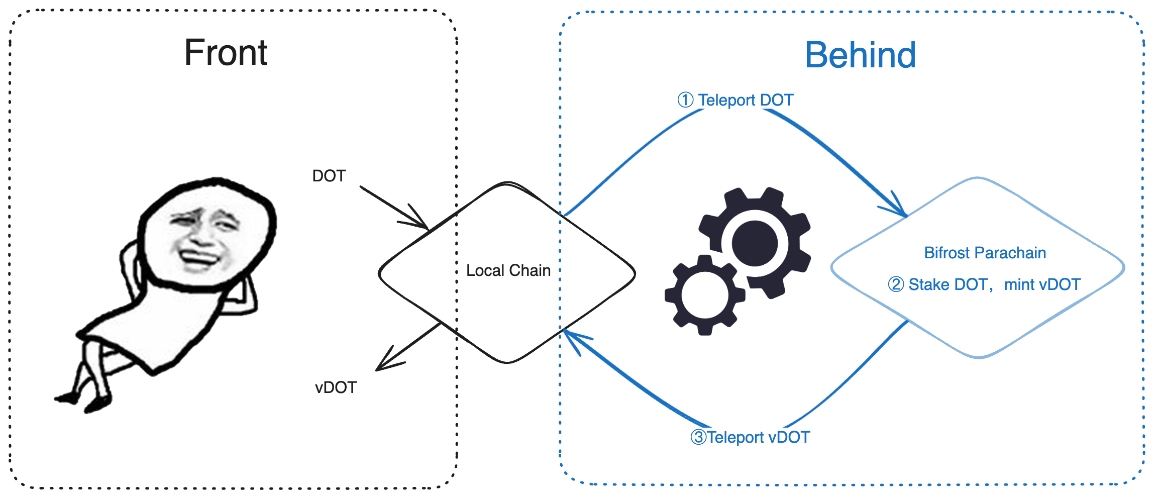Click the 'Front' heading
[x=226, y=53]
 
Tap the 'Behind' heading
[x=860, y=55]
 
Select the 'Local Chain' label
[x=508, y=270]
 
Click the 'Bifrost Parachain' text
[x=985, y=253]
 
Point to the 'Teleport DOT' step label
[x=745, y=100]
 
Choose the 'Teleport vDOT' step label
[x=758, y=437]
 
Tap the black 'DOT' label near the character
[x=329, y=176]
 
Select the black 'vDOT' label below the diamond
[x=336, y=387]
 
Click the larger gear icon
[x=755, y=243]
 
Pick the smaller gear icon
[x=705, y=295]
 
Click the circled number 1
[x=685, y=100]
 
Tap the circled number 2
[x=896, y=284]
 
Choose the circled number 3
[x=698, y=437]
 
